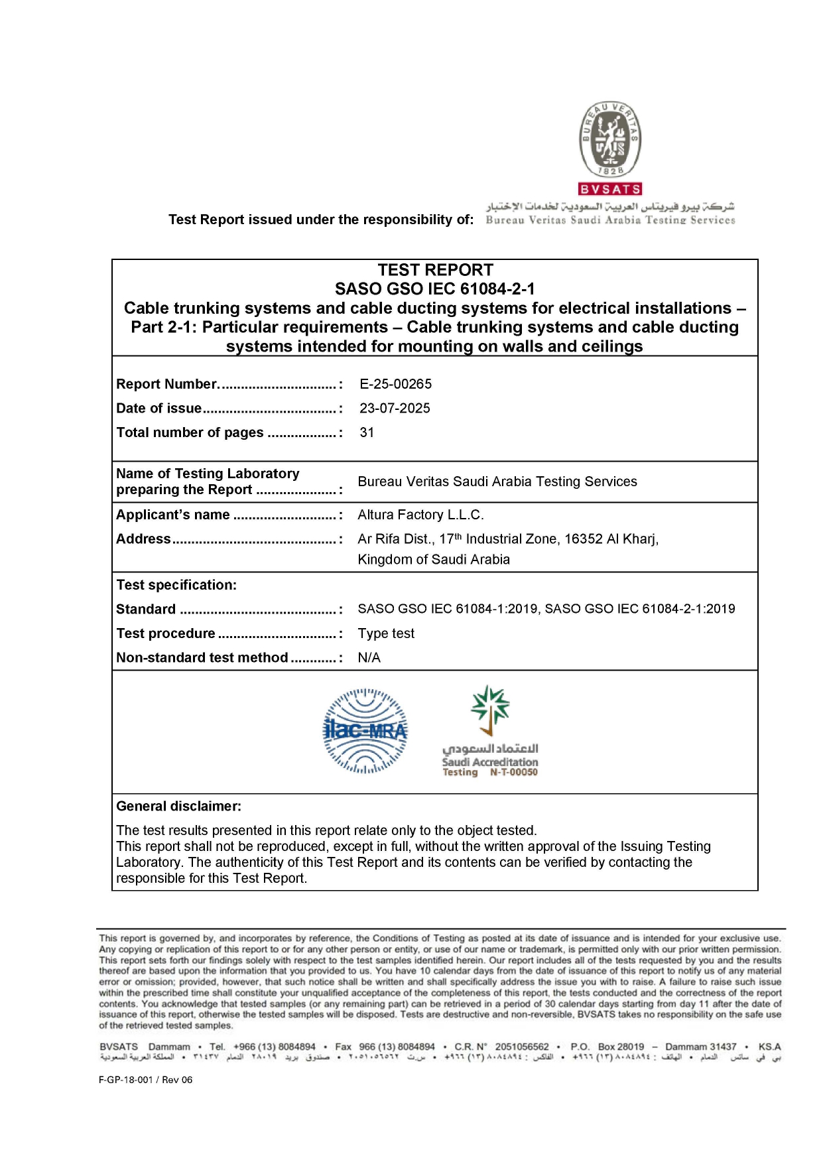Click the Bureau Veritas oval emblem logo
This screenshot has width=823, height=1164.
[610, 139]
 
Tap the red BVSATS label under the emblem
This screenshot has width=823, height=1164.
[610, 189]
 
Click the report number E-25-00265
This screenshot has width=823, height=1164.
[395, 384]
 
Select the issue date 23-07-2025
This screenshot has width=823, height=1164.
[395, 408]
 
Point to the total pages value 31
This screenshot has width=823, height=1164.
[367, 432]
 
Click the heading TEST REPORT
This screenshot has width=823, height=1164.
[435, 270]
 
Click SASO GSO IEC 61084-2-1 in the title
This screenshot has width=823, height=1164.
[434, 289]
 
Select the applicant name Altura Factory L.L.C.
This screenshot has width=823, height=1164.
[420, 515]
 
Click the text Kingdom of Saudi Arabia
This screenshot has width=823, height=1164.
[434, 559]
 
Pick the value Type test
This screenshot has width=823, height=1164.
[386, 633]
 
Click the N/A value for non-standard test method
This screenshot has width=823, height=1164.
[369, 657]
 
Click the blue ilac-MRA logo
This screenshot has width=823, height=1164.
[365, 731]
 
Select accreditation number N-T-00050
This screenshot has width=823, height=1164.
[514, 772]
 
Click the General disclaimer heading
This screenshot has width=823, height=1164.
[178, 806]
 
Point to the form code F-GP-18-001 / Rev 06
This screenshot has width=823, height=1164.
[145, 1080]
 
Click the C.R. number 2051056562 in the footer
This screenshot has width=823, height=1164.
[522, 1047]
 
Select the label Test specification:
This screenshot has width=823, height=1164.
[176, 585]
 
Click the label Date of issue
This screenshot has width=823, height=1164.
[159, 408]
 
